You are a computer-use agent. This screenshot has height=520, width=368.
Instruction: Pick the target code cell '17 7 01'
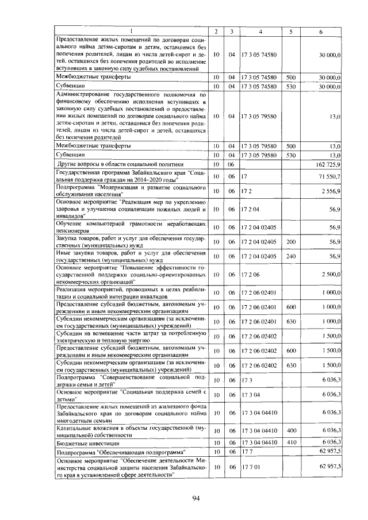(251, 467)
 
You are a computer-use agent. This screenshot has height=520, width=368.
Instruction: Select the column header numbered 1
(131, 30)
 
